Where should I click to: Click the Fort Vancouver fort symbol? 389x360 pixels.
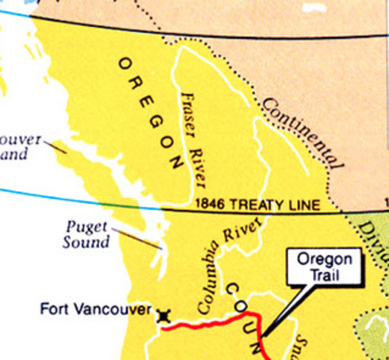(x=162, y=316)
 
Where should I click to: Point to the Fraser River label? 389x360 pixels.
(x=196, y=139)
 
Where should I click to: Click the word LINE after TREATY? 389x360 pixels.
(x=304, y=204)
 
